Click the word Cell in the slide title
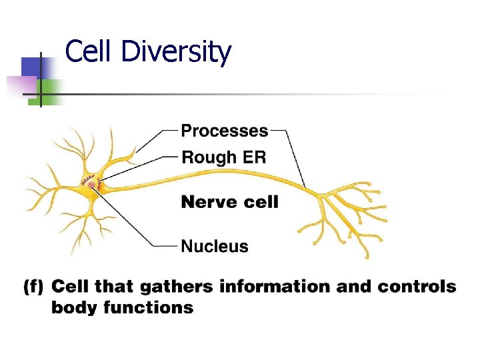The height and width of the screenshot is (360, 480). (x=89, y=51)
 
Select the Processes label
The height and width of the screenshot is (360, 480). (x=225, y=131)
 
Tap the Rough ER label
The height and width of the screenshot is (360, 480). (x=223, y=157)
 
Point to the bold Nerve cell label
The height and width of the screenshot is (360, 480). (x=229, y=201)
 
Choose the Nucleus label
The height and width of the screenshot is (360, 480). (x=215, y=246)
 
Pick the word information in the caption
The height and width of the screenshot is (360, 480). (x=276, y=287)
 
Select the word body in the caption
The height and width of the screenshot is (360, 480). (x=73, y=308)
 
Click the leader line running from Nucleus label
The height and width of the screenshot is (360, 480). (x=133, y=220)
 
